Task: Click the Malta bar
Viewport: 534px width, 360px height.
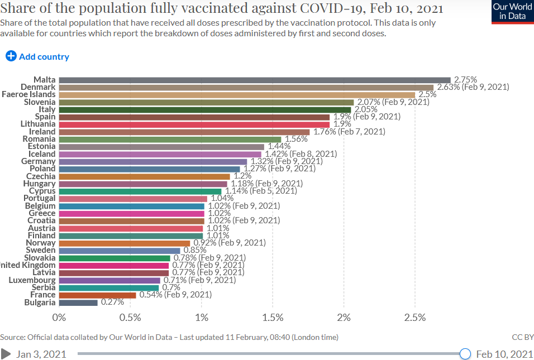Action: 254,80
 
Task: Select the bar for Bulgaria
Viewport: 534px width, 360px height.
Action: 78,303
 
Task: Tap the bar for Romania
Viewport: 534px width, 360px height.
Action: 170,139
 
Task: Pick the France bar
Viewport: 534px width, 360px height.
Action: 97,295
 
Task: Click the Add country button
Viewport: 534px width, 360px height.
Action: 37,56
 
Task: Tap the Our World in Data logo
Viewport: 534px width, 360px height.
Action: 512,12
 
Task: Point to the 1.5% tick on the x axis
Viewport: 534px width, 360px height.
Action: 273,318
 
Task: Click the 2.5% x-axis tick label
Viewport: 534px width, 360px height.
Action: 414,318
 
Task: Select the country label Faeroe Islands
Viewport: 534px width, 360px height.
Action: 28,94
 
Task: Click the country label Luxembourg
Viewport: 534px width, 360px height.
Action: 32,280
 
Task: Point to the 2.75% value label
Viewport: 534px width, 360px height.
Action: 465,80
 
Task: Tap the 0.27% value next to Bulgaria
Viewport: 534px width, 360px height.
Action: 112,303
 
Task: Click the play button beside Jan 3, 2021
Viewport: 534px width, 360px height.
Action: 6,354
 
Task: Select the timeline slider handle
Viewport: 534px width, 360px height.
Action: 465,354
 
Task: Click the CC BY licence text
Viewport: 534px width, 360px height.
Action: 523,337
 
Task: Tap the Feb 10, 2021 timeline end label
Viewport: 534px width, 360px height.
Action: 504,354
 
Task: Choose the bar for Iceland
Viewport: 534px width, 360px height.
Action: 160,154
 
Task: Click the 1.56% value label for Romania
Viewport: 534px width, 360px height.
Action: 296,139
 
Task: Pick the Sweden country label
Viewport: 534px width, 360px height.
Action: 40,250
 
